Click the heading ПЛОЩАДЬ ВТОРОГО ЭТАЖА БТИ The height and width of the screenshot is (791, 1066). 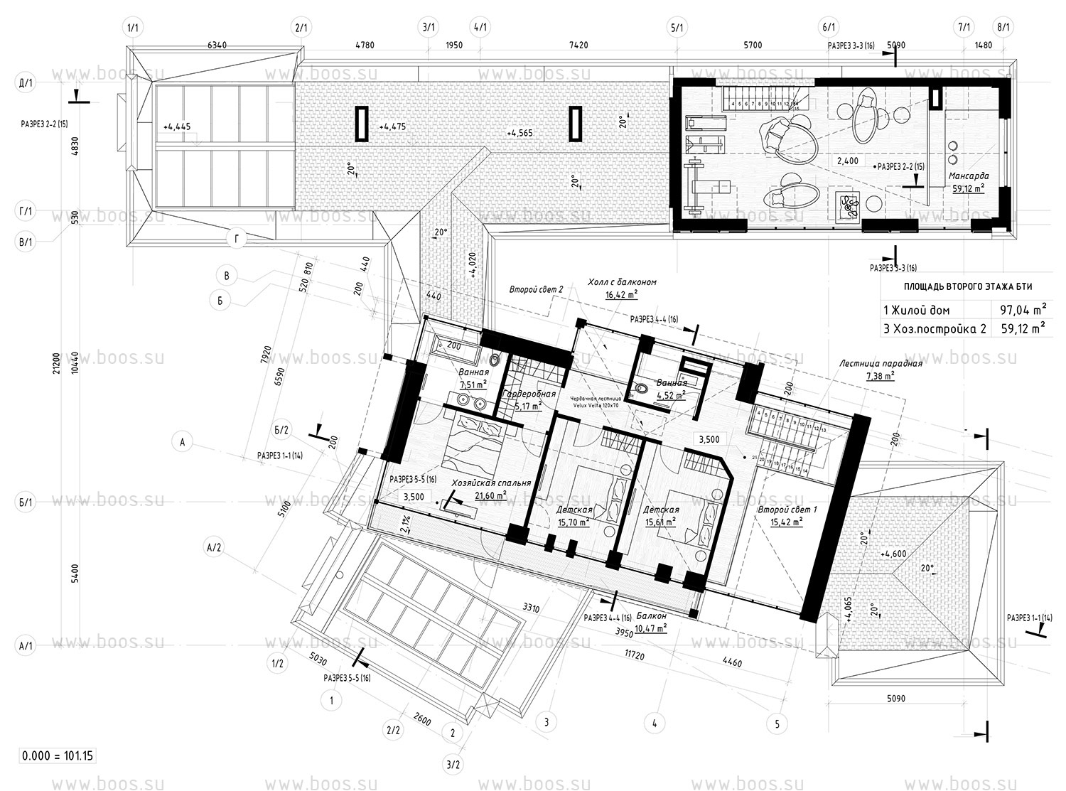(967, 286)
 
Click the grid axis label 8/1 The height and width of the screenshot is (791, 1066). (1004, 28)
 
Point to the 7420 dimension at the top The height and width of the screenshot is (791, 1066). (579, 45)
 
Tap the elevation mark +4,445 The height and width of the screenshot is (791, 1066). (177, 127)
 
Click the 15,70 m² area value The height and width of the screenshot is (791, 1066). (574, 522)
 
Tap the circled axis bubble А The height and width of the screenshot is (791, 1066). (183, 442)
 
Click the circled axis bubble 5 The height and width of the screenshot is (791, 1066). (777, 724)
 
